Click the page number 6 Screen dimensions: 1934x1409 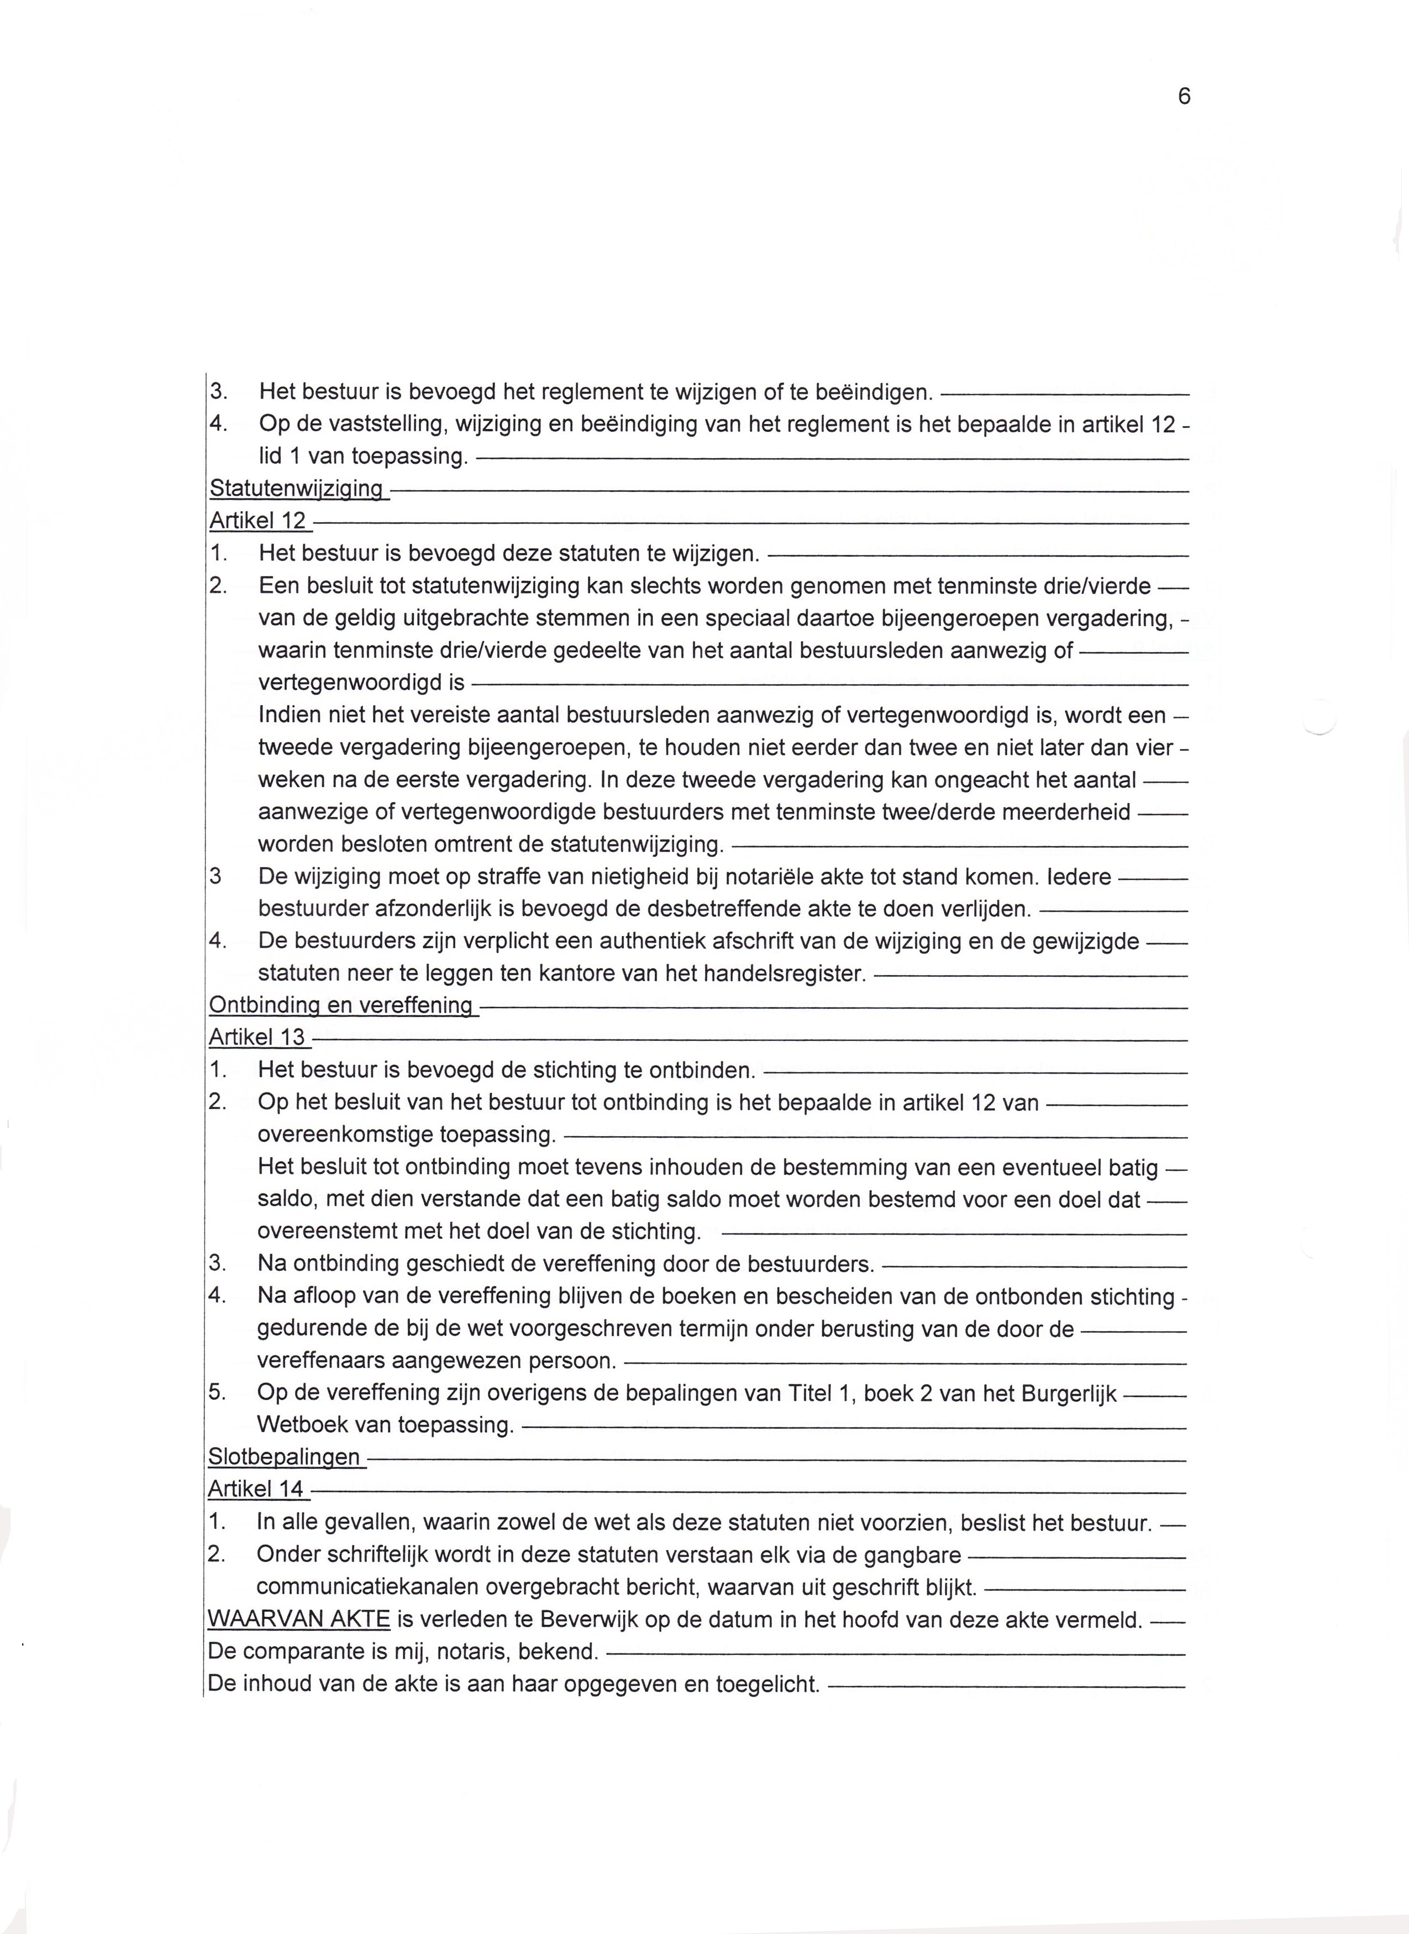tap(1183, 96)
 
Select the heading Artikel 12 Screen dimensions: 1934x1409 tap(257, 521)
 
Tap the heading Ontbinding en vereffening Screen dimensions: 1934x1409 tap(341, 1005)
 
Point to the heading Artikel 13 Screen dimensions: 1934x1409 tap(257, 1038)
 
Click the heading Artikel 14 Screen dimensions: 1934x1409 tap(256, 1489)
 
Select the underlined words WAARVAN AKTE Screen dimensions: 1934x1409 tap(298, 1618)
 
